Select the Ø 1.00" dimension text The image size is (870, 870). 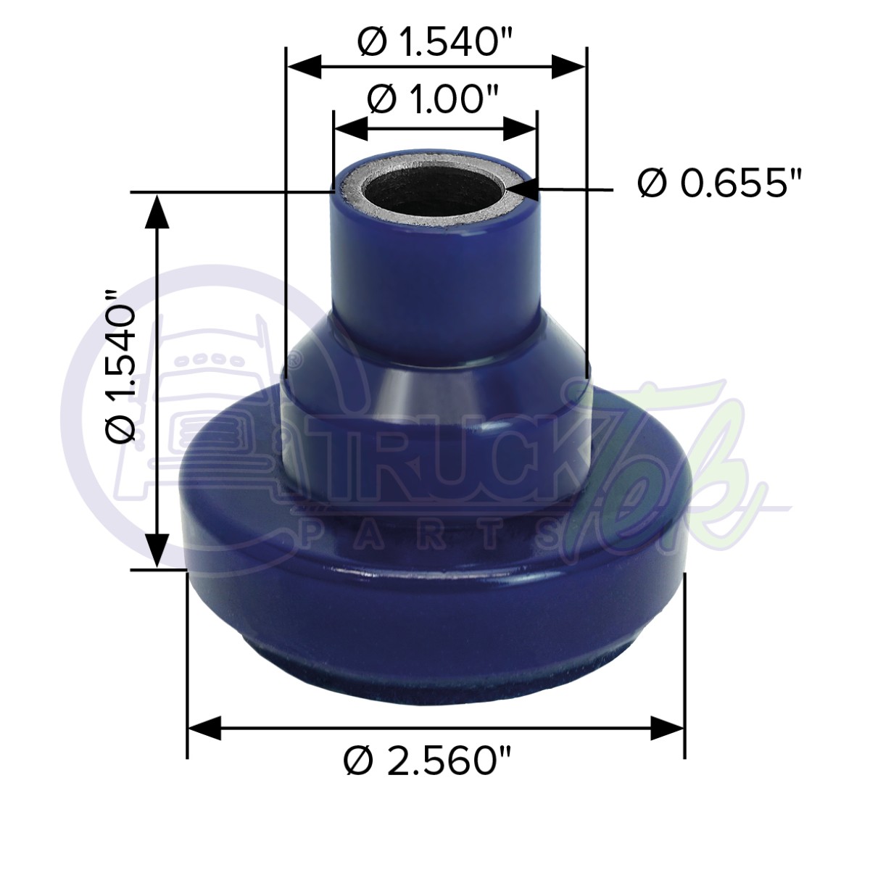[434, 99]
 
